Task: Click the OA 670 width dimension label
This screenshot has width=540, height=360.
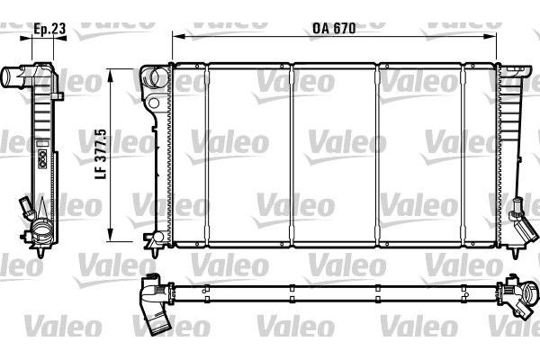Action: (333, 27)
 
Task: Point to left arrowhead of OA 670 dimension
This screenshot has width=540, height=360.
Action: (174, 37)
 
